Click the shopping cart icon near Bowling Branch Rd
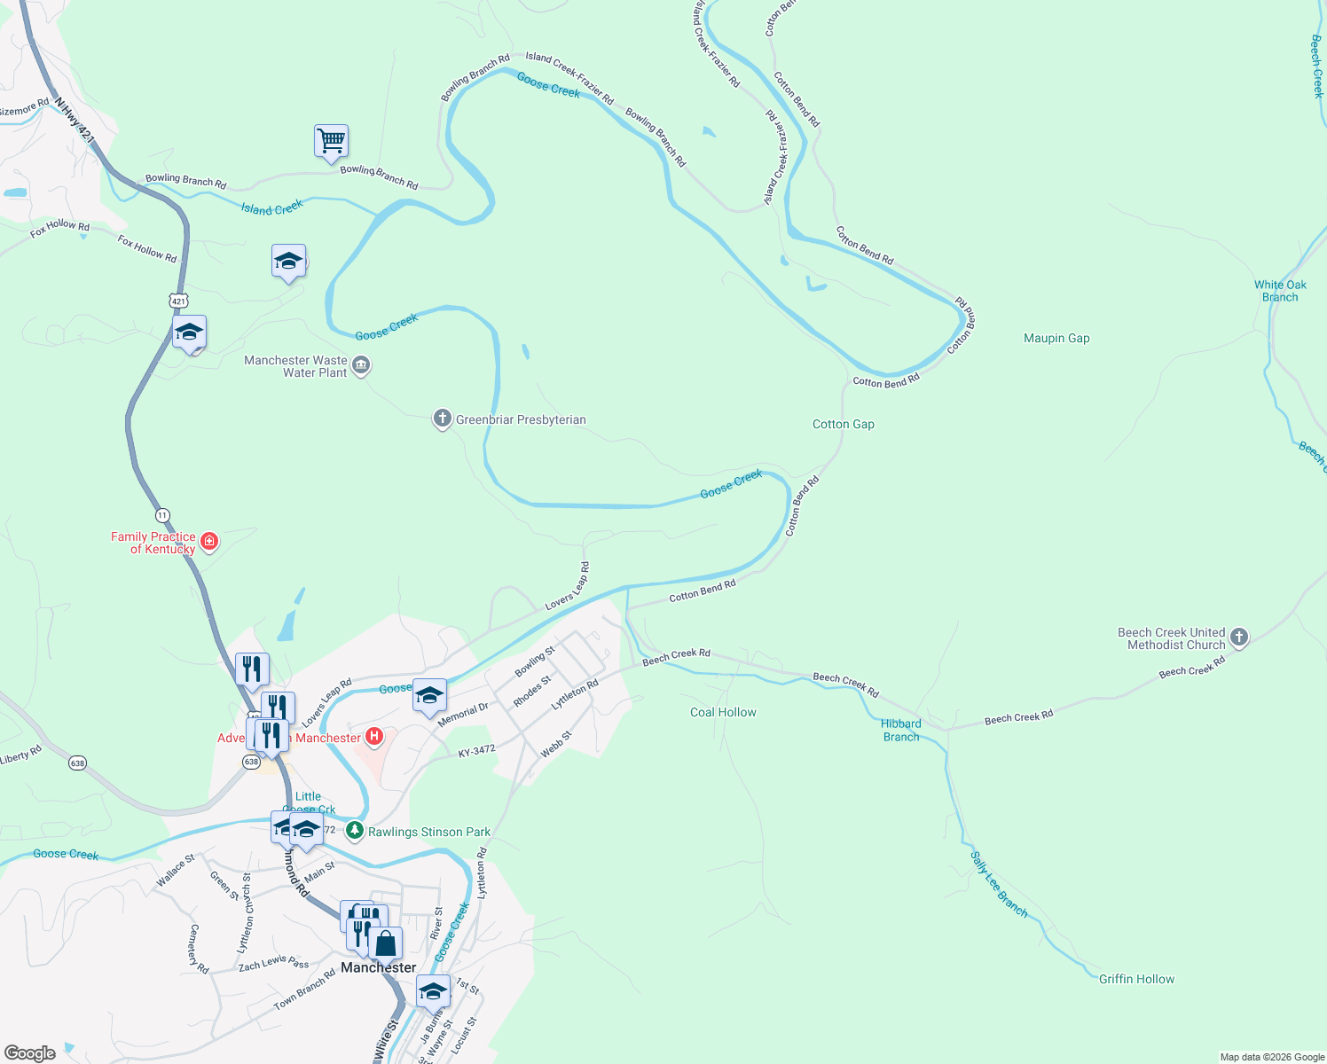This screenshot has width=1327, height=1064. [331, 141]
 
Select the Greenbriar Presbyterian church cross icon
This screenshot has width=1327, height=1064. [443, 419]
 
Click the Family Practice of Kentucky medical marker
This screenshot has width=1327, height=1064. [209, 541]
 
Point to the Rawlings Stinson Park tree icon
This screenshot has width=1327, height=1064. [355, 831]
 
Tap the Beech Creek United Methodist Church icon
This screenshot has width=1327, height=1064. [1239, 637]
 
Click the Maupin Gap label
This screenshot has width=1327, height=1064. [1056, 338]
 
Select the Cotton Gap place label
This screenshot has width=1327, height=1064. [843, 424]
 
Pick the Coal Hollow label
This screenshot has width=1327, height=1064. [723, 712]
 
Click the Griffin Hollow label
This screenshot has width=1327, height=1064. [1136, 979]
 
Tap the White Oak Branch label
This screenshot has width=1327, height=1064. [1280, 291]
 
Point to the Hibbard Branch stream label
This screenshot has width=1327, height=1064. [901, 730]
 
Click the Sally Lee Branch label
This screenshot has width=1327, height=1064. [999, 884]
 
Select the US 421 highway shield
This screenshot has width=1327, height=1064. [179, 301]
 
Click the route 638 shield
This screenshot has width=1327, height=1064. [78, 763]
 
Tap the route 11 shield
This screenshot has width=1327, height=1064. [161, 515]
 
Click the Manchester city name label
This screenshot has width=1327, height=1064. [378, 967]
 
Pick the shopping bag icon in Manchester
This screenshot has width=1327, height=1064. [386, 943]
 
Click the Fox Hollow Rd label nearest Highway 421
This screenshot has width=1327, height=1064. [147, 247]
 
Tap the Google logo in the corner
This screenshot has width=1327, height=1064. [29, 1053]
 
